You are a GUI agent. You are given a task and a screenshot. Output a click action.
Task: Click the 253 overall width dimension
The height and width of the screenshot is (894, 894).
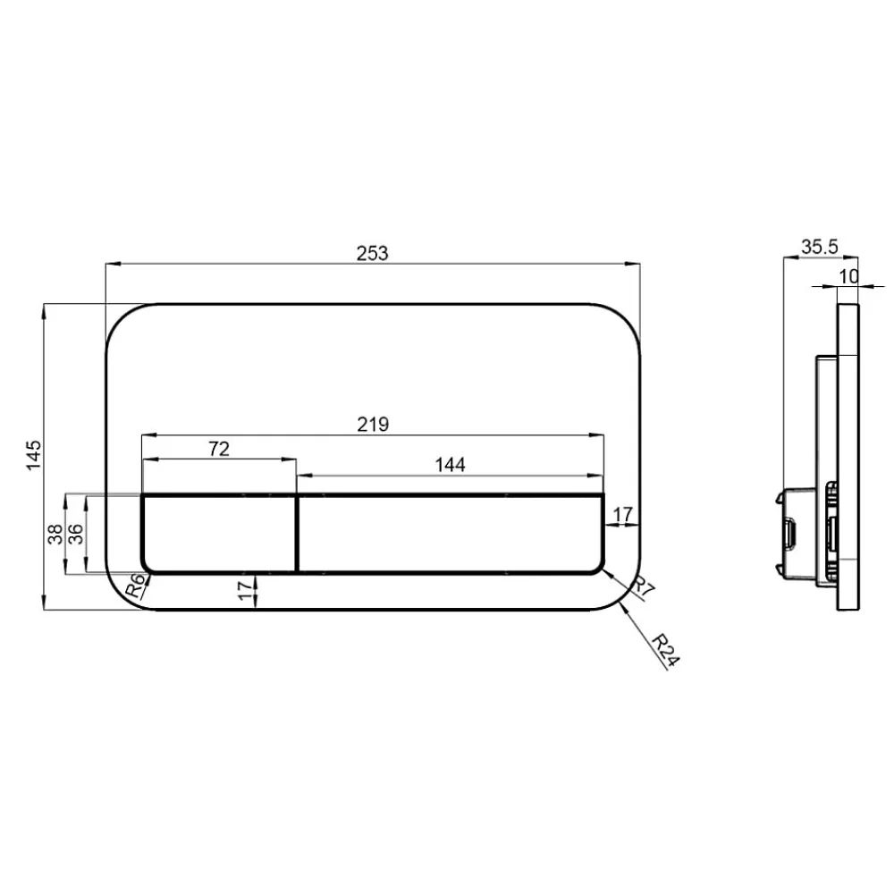372,253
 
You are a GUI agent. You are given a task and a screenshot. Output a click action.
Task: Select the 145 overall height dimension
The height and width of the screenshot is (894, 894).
34,454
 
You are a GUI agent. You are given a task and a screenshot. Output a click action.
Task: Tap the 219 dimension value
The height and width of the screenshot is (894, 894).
373,424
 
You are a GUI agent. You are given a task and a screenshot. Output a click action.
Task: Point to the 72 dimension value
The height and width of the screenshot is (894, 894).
219,450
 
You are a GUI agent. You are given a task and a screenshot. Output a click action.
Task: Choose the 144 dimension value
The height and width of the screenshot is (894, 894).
450,465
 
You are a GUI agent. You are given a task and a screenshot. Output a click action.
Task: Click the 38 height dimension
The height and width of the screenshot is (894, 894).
55,535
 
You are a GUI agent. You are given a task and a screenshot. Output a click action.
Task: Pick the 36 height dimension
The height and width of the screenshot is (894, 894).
75,535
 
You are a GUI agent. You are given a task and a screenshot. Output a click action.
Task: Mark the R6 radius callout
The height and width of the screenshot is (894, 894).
135,586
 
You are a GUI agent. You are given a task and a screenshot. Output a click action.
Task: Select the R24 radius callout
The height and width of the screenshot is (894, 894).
665,649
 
